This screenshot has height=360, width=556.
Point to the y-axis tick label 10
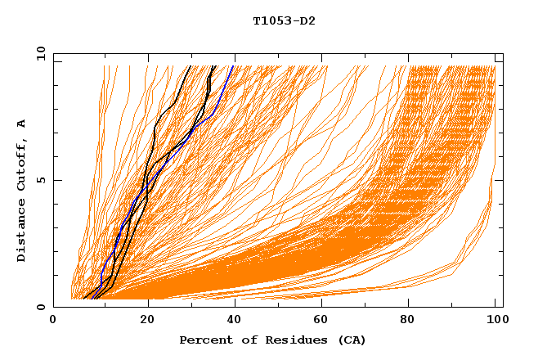point(40,54)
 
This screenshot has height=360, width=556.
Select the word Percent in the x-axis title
point(202,340)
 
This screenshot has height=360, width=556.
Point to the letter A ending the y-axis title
point(22,124)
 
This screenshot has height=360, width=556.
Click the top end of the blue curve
point(233,66)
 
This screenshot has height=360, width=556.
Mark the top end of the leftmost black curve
point(191,66)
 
